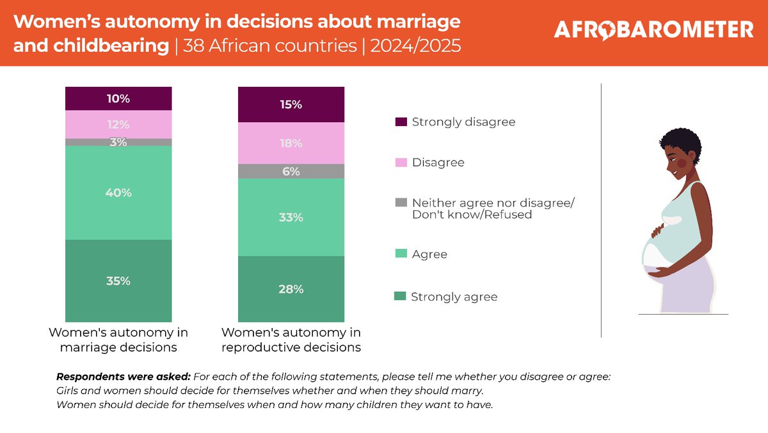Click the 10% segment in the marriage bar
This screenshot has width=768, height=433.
coord(118,98)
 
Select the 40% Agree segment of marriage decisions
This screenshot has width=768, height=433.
coord(118,193)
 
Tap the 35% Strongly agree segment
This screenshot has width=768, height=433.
coord(118,281)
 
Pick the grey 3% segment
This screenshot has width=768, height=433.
coord(118,142)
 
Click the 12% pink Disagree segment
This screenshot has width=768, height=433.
coord(118,124)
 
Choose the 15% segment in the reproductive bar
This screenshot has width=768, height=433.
coord(291,104)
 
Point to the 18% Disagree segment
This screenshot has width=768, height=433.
coord(291,143)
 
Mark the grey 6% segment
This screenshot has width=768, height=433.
coord(291,171)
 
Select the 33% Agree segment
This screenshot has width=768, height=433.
coord(291,217)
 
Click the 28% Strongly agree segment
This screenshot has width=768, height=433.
coord(291,289)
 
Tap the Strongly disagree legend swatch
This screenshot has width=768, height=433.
coord(401,122)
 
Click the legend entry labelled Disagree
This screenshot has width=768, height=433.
coord(438,162)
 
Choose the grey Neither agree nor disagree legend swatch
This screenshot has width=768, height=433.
coord(401,203)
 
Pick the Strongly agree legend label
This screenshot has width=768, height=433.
coord(454,297)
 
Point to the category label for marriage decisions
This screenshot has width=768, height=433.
coord(118,340)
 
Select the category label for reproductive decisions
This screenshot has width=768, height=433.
coord(291,340)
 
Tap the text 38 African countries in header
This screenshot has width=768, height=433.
coord(268,47)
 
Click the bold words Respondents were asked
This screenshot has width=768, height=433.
coord(123,377)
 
